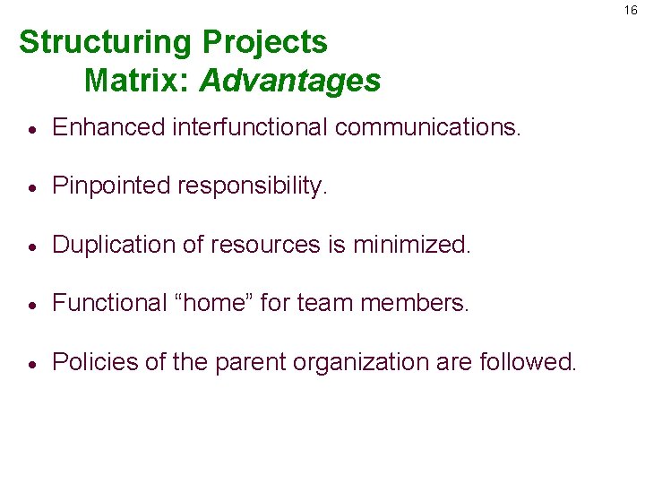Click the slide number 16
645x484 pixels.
coord(632,10)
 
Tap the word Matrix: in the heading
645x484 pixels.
coord(137,82)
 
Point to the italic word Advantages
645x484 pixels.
coord(290,82)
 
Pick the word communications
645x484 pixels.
coord(427,128)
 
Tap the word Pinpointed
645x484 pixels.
coord(112,186)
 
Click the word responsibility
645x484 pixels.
coord(254,186)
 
